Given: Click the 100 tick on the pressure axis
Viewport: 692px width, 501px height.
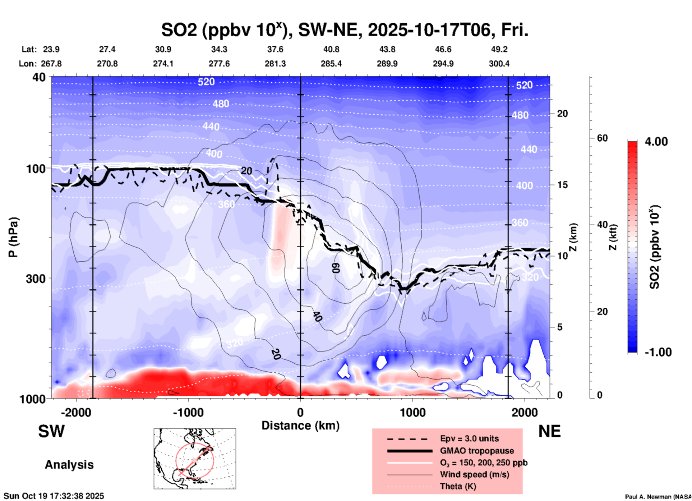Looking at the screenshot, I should pos(36,169).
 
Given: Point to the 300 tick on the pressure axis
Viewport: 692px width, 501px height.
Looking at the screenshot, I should pos(36,279).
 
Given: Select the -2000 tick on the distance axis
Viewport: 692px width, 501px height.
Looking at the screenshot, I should pos(76,412).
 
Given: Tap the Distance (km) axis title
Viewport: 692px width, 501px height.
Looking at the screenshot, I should pos(300,426).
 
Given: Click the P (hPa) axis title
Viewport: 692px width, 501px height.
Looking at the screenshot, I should pos(13,237).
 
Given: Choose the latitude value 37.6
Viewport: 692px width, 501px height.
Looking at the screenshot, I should pos(275,49).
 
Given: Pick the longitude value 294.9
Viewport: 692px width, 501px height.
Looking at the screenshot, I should pos(443,64).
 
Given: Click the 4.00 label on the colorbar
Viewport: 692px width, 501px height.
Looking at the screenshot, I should pos(656,141).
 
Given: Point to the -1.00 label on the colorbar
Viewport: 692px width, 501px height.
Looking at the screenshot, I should pos(658,352).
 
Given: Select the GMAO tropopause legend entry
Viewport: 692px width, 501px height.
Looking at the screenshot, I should pos(477,451).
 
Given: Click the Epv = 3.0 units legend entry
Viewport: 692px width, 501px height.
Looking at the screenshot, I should pos(469,438).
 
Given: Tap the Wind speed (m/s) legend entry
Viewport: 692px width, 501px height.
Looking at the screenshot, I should pos(474,474).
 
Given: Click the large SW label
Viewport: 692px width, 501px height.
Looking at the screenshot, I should pos(51,431).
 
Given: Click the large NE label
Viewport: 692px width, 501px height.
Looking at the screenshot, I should pos(549,431).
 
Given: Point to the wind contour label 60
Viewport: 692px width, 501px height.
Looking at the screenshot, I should pos(335,267).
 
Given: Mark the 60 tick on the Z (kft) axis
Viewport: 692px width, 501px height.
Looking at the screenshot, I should pos(602,138).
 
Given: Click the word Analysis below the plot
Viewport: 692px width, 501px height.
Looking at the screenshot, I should pos(69,465).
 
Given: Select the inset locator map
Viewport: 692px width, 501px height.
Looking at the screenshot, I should pos(195,459).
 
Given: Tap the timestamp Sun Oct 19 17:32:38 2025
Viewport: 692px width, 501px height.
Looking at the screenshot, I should pos(54,496).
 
